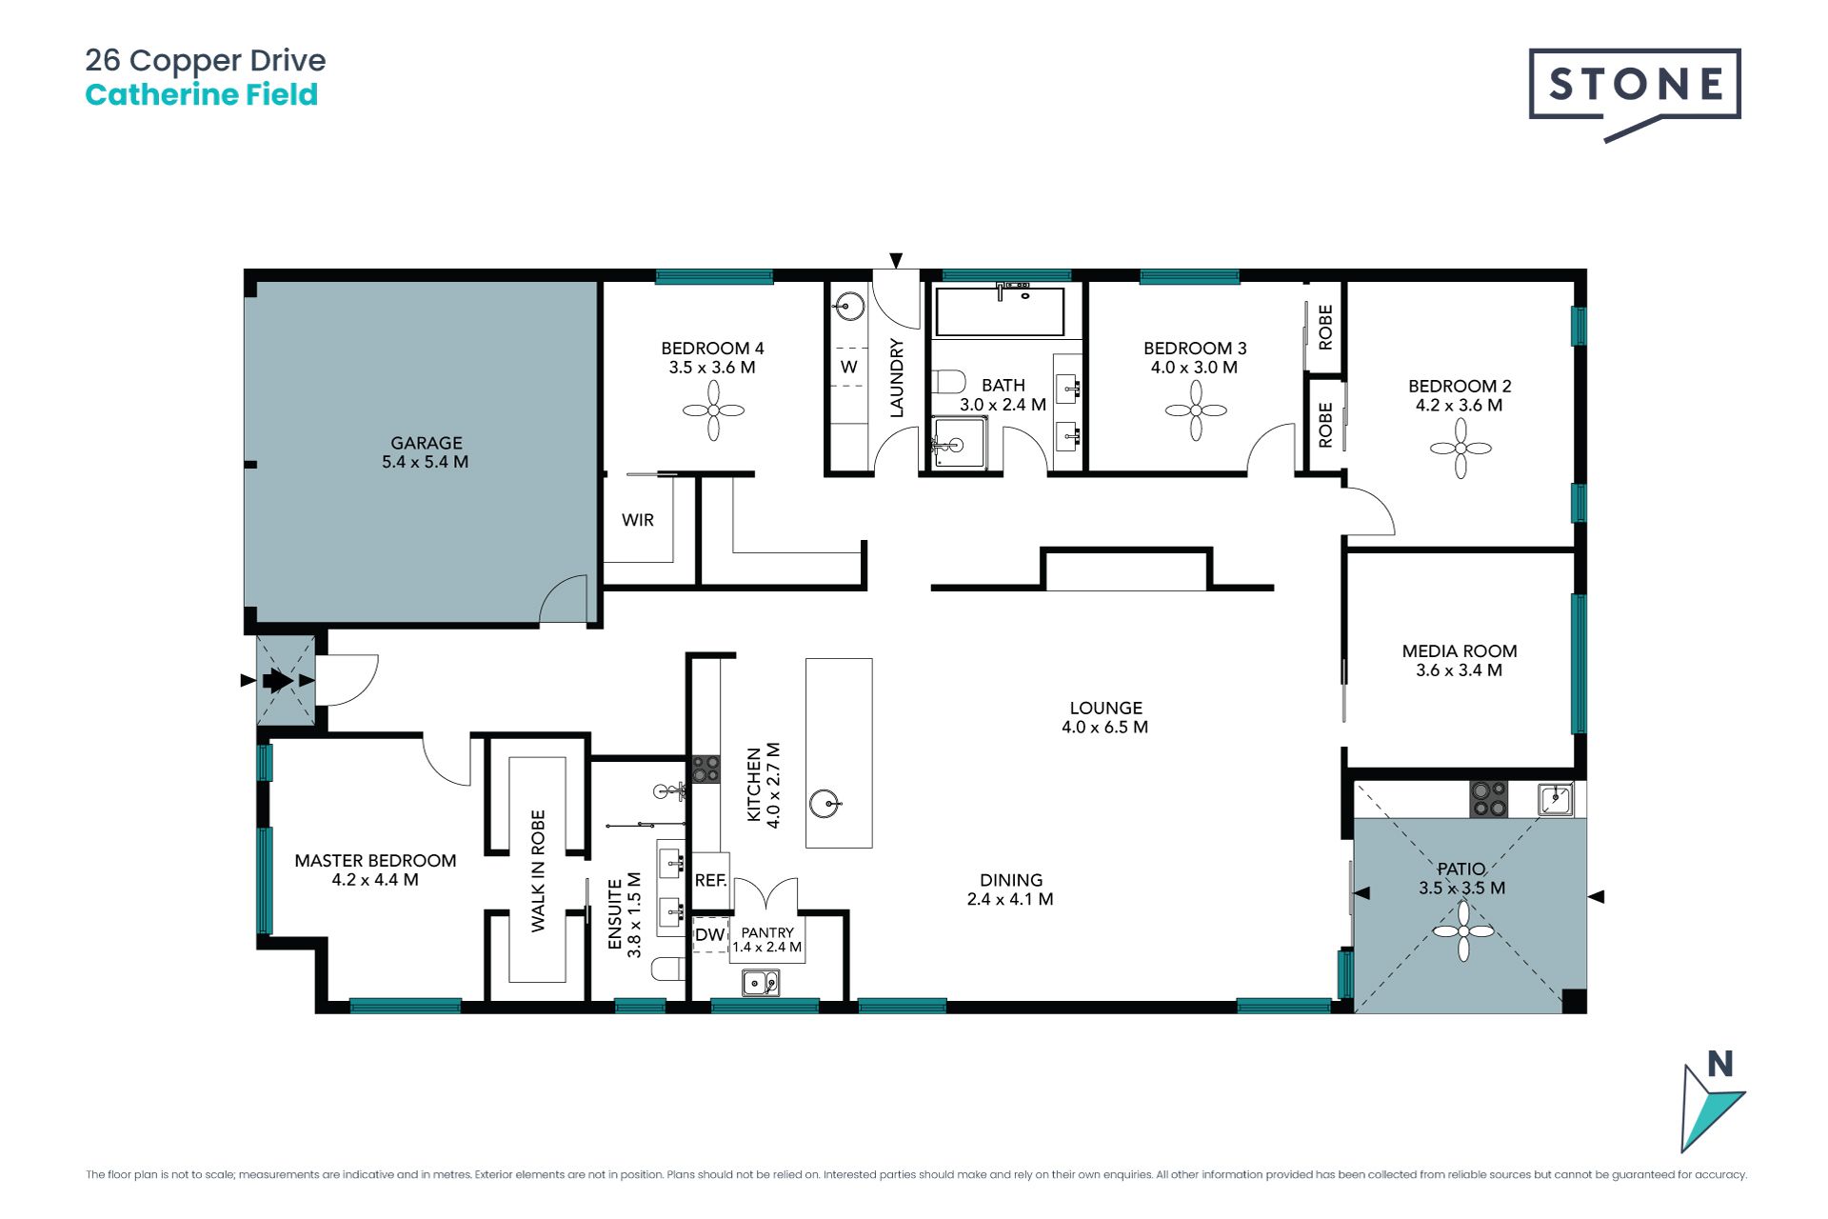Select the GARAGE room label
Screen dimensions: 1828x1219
click(426, 443)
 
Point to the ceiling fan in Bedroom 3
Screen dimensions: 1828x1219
click(1196, 411)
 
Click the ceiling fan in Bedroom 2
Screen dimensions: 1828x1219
click(1460, 448)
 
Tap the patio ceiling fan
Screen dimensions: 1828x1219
click(1463, 931)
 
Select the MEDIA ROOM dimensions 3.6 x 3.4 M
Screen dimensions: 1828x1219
click(1459, 670)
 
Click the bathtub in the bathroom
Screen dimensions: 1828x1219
click(1000, 310)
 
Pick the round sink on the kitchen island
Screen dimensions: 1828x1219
click(825, 804)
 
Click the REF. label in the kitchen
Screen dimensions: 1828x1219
click(710, 881)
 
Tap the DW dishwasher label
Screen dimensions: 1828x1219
click(709, 935)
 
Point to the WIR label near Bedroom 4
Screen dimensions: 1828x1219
click(638, 520)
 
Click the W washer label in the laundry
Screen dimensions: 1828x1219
click(849, 367)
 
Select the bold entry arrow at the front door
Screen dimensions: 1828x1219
click(277, 680)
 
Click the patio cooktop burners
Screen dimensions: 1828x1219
click(1489, 799)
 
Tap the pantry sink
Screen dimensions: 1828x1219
click(761, 982)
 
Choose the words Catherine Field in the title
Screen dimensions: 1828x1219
click(202, 95)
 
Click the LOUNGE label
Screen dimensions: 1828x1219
click(1105, 708)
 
